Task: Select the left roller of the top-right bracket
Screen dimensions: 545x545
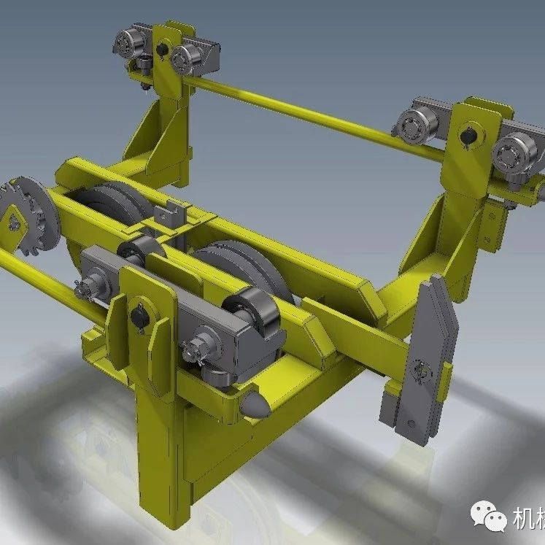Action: click(414, 125)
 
